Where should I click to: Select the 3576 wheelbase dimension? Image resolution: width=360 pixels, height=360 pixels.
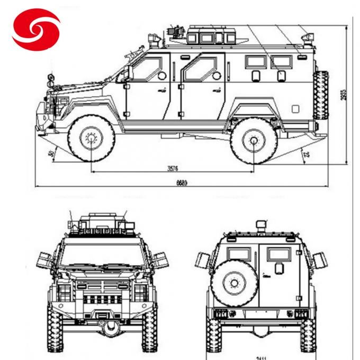[x=173, y=169]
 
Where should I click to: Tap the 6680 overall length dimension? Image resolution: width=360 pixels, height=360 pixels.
[x=182, y=183]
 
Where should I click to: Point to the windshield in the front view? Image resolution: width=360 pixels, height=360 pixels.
[x=101, y=256]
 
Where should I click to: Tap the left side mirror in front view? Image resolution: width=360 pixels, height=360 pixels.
[x=44, y=259]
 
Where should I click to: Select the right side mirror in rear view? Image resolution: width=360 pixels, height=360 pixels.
[x=319, y=260]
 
